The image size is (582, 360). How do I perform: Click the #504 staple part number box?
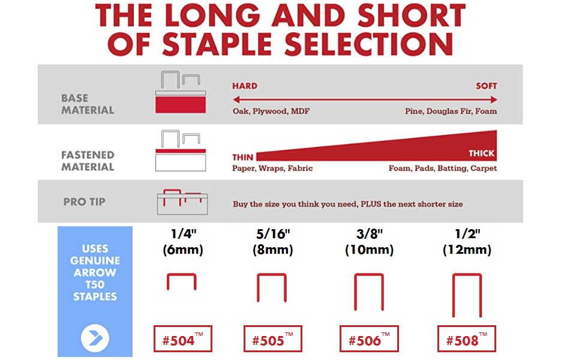tap(183, 340)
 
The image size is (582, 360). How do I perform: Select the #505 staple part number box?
tap(272, 339)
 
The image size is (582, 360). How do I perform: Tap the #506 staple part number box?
tap(369, 339)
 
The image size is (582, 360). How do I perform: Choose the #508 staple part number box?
tap(467, 339)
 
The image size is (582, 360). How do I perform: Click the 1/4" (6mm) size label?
tap(183, 242)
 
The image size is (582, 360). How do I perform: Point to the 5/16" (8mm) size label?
tap(272, 242)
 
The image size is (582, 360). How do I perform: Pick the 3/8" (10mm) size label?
tap(368, 242)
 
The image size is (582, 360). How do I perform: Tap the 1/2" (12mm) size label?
tap(467, 242)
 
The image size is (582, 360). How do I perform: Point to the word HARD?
tap(245, 86)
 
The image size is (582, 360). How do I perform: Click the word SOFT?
tap(486, 86)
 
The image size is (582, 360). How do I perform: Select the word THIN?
tap(242, 158)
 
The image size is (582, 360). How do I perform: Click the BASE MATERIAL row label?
tap(88, 104)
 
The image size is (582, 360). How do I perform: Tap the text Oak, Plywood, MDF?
tap(271, 111)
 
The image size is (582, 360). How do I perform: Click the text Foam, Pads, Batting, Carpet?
tap(443, 169)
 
